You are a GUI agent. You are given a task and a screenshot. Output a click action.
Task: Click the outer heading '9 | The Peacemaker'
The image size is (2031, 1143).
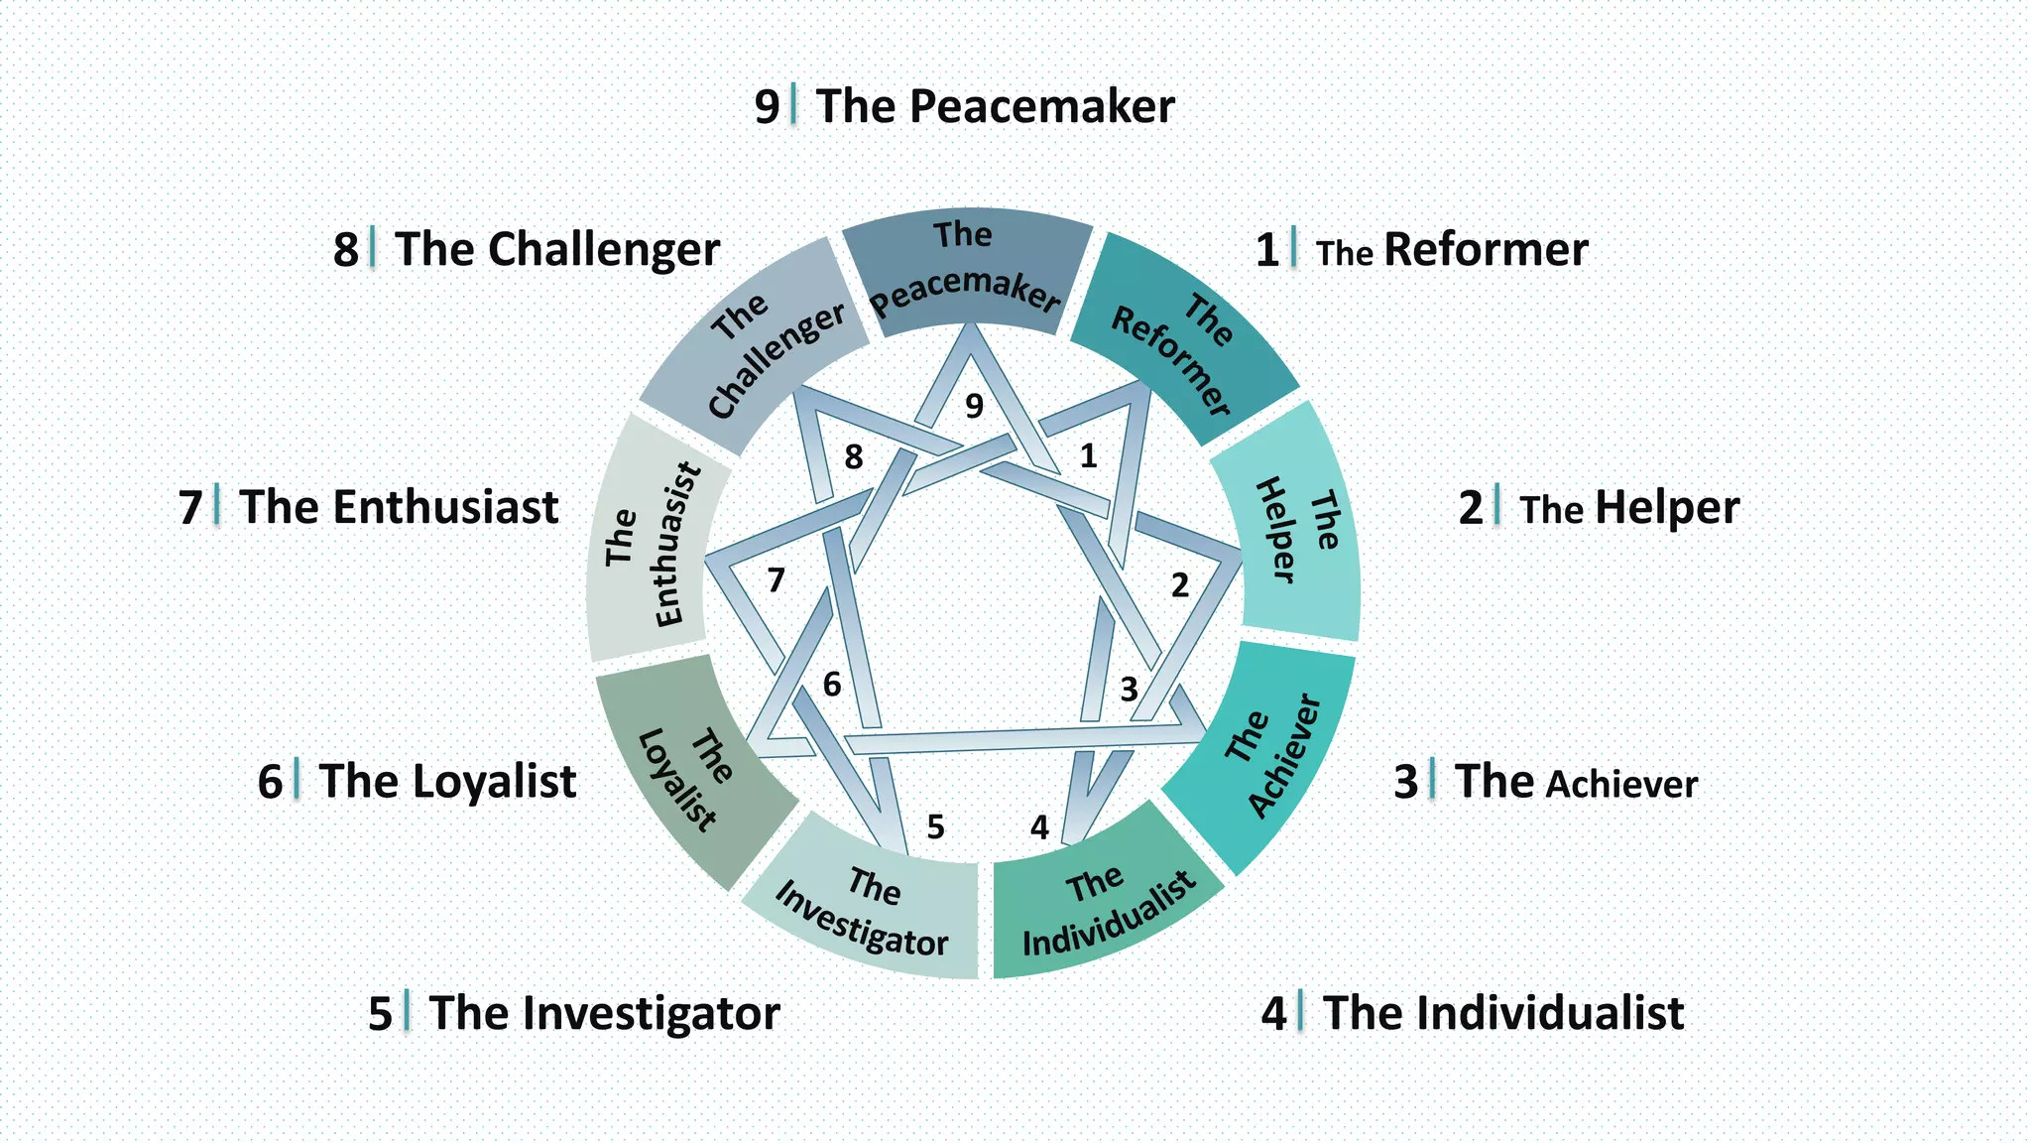[965, 106]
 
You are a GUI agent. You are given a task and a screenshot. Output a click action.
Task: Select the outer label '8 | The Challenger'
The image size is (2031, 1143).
[527, 249]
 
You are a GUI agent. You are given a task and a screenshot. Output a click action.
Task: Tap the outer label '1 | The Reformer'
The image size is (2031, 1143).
[1421, 250]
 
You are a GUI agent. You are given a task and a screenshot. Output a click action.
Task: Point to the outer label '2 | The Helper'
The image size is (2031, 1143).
[1599, 508]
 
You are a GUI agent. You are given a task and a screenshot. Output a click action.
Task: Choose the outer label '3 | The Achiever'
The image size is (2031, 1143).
[1545, 782]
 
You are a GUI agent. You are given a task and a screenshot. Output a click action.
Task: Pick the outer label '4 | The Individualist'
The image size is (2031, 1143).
[1473, 1013]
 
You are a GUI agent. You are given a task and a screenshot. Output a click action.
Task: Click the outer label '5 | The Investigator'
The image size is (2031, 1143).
[574, 1013]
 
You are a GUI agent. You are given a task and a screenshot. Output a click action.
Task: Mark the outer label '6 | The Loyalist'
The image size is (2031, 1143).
[417, 782]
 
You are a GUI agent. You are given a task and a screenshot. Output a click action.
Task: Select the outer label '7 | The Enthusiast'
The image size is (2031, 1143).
[368, 507]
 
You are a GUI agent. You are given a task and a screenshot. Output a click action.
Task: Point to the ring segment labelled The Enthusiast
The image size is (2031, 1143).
[650, 541]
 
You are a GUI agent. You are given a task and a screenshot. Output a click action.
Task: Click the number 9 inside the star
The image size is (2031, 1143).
[975, 406]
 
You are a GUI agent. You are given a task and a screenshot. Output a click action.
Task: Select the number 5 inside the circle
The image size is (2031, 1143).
[935, 826]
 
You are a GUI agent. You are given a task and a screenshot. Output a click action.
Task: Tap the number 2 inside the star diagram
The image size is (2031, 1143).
[1179, 585]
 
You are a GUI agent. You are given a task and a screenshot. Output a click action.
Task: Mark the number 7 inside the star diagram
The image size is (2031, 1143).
[777, 579]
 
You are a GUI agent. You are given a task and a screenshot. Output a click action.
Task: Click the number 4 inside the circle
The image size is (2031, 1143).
[1039, 826]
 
